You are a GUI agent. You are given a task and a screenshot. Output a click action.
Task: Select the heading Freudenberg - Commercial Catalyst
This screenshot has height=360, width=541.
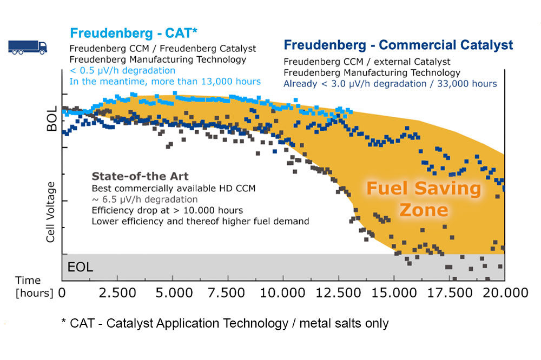point(398,45)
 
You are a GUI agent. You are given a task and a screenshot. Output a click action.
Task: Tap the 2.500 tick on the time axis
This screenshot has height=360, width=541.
point(116,293)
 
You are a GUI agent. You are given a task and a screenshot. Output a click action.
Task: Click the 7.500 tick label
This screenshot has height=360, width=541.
point(227,293)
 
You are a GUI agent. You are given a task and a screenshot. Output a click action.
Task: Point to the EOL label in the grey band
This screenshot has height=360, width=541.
point(80,267)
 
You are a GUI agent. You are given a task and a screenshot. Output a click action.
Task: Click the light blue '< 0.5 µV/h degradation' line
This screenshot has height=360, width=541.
point(122,71)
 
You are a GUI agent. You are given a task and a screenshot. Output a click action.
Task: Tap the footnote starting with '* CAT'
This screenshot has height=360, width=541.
point(225,323)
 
